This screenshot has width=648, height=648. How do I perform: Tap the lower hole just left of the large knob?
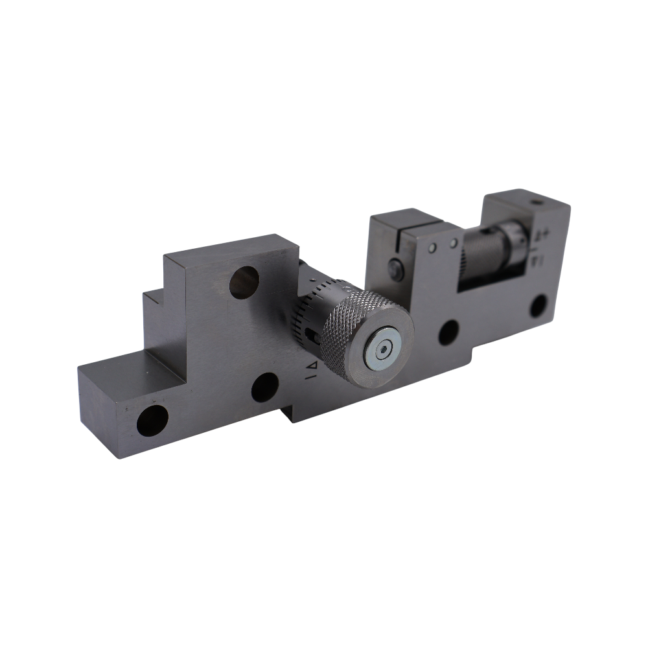pos(264,388)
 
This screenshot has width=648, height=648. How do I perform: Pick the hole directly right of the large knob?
pos(448,332)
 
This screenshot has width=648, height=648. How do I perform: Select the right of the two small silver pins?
pos(454,243)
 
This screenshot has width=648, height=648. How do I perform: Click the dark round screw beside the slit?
pos(396,270)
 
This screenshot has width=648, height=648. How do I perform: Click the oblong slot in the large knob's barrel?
pos(314,336)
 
